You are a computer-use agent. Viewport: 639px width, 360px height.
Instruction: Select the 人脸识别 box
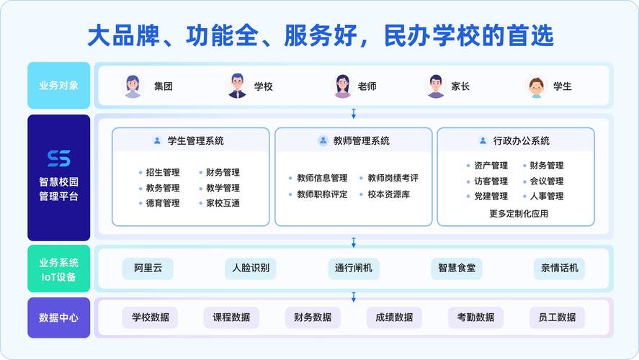pos(250,269)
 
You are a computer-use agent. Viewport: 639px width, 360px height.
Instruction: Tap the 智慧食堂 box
pos(456,269)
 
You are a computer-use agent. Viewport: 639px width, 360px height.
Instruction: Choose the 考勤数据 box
pos(475,318)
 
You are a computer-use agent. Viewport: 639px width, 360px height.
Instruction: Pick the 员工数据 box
pos(557,318)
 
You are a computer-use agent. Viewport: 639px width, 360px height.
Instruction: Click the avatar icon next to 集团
pos(133,86)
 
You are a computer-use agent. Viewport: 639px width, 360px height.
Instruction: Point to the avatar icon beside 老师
pos(342,86)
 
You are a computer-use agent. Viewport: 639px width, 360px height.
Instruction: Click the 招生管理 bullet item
pos(162,173)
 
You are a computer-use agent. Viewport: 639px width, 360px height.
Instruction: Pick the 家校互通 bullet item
pos(223,204)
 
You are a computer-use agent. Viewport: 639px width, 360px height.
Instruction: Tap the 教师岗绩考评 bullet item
pos(393,178)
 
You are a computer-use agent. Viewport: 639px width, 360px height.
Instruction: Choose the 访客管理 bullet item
pos(491,181)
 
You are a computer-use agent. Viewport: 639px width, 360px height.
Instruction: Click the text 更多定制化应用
pos(518,213)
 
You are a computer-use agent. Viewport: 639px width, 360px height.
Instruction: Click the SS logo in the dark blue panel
pos(58,158)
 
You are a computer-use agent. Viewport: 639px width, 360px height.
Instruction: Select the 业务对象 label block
pos(58,86)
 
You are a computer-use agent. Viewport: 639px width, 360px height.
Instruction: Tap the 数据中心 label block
pos(58,318)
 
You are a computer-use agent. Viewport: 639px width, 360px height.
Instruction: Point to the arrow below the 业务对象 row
pos(353,113)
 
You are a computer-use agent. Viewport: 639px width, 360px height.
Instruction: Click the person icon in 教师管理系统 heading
pos(323,141)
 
